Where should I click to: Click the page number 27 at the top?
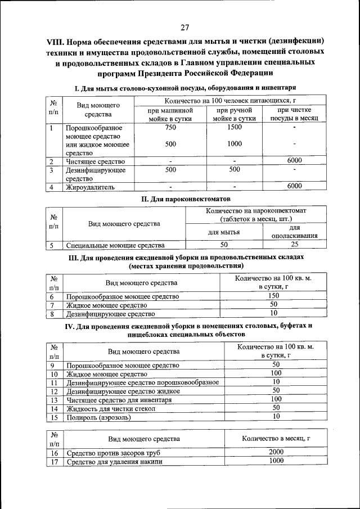185,28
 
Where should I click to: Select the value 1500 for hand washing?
235,128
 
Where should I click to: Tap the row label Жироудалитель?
91,186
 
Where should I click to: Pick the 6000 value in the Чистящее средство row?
294,161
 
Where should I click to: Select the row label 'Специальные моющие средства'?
115,245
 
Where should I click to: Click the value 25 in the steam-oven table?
294,245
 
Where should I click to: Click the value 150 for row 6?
273,296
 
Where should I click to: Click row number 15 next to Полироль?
55,417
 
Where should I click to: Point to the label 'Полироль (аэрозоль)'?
98,417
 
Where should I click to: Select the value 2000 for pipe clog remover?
276,452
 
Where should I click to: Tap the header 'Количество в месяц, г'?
276,439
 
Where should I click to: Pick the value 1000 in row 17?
276,461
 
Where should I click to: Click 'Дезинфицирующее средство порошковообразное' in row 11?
142,382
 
